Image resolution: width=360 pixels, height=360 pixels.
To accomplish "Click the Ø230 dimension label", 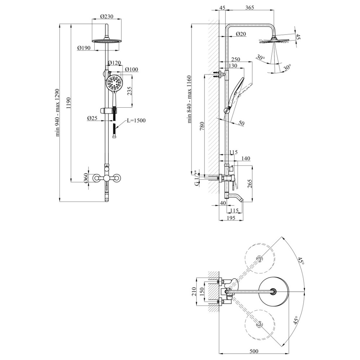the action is [x=107, y=16].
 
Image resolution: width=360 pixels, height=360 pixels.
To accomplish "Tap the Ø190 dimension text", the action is [x=84, y=48].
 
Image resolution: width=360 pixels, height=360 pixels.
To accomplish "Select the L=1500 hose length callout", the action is [x=136, y=120].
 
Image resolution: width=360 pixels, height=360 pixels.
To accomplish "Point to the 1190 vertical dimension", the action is [x=69, y=104].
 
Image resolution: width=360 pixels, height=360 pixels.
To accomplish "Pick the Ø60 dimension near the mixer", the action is [x=86, y=178].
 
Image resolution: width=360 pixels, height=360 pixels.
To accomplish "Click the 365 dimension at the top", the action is [x=249, y=7].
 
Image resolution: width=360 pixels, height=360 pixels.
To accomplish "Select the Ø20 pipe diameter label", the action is [x=241, y=34].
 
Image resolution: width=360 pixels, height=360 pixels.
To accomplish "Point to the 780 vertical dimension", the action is [x=202, y=126].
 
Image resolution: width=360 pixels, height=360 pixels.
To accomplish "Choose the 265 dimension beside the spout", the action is [x=250, y=184].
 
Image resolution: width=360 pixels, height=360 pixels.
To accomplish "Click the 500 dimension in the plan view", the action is [x=253, y=351].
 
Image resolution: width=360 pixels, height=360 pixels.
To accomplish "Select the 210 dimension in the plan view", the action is [x=194, y=292].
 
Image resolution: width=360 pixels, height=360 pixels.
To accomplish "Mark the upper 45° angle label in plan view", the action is [x=301, y=261].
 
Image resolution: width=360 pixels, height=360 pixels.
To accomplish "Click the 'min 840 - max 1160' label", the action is [x=189, y=99].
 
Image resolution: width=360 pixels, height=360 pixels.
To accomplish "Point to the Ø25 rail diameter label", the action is [x=92, y=118].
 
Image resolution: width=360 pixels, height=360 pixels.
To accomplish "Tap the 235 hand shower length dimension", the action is [x=129, y=91].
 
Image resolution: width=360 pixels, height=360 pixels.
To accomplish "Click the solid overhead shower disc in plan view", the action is [x=274, y=292].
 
